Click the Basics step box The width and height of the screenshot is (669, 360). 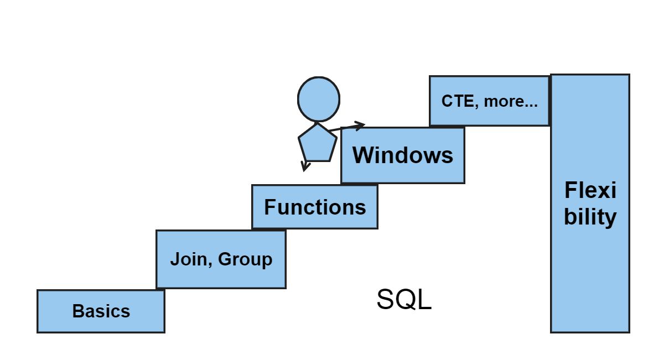[101, 311]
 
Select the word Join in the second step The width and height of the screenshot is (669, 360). [187, 259]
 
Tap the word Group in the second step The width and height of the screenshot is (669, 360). [245, 260]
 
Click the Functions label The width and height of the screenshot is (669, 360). [315, 207]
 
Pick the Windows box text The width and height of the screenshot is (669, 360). [403, 155]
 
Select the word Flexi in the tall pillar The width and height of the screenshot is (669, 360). [590, 191]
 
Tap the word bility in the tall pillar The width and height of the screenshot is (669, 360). [590, 217]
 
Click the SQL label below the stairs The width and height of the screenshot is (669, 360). [404, 300]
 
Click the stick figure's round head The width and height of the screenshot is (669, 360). [318, 99]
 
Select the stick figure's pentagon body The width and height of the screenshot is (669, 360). [317, 143]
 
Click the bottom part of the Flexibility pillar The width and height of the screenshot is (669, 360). [590, 304]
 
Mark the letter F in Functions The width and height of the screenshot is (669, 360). [270, 207]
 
